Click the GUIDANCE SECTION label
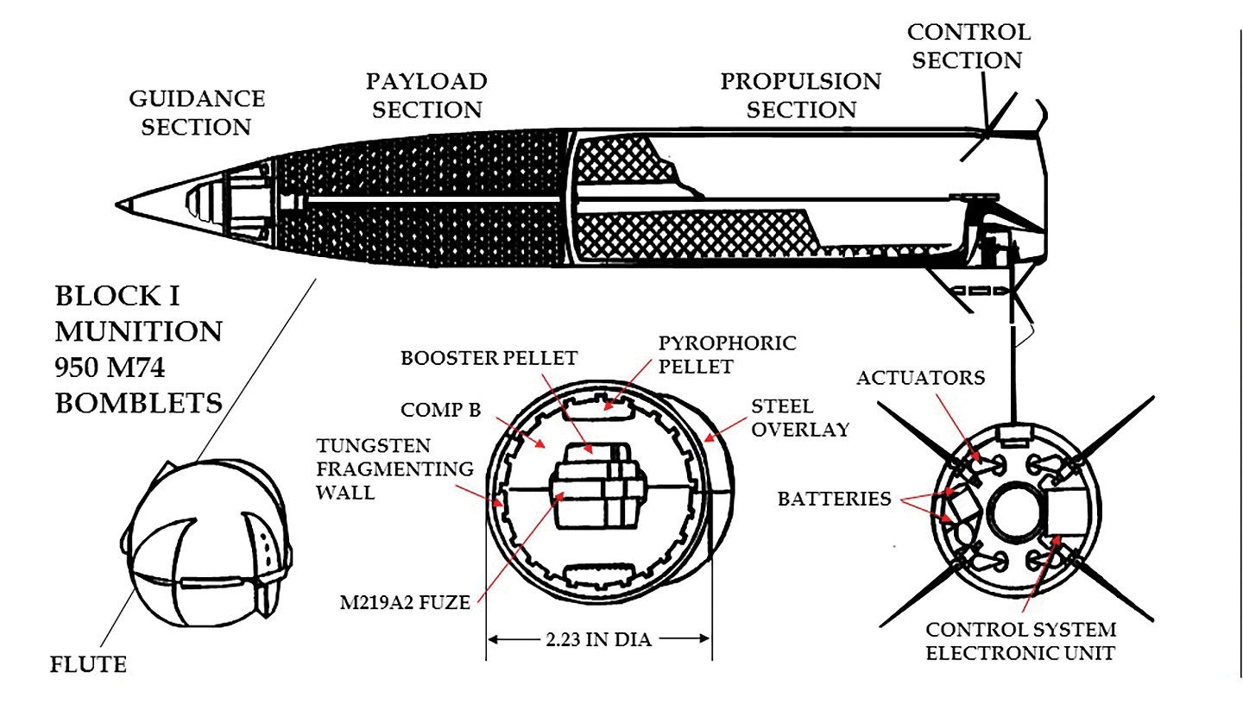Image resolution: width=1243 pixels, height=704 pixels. [196, 112]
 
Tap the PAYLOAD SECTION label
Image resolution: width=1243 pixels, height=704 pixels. [426, 96]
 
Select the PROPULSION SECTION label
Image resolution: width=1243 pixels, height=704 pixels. [800, 96]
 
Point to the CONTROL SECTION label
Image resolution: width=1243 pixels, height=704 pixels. [968, 47]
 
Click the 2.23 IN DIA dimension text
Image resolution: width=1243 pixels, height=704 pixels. [599, 639]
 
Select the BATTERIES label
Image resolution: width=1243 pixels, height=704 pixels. [835, 499]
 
